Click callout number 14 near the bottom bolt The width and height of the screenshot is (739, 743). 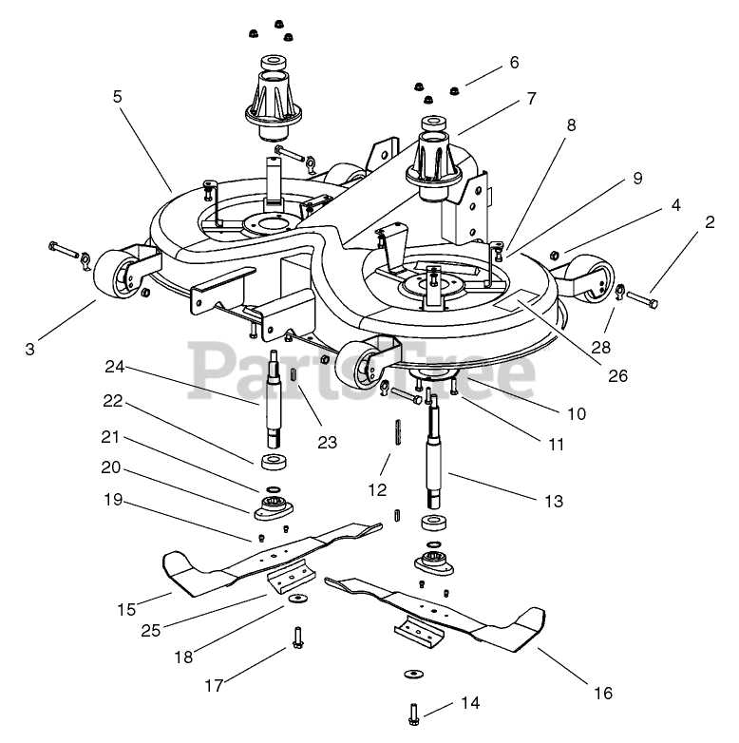(469, 703)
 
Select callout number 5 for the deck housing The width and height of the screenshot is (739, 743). (117, 97)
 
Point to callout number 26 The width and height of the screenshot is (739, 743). (618, 375)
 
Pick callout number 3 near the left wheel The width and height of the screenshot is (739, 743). (29, 348)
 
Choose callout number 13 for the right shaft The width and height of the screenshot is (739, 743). (553, 500)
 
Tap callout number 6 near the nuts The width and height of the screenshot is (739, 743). (514, 63)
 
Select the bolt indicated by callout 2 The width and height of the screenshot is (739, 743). (649, 299)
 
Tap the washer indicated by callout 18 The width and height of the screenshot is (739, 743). (299, 598)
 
